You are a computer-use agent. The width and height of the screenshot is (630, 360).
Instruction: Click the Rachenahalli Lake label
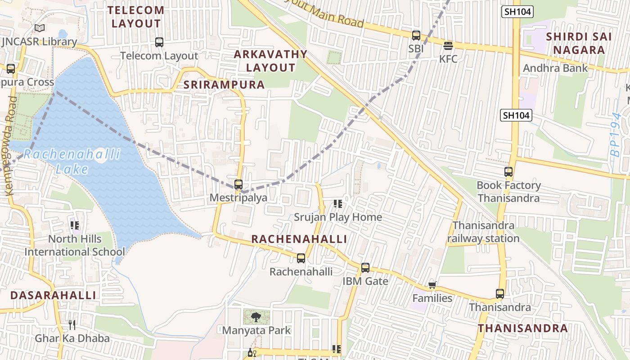click(x=72, y=162)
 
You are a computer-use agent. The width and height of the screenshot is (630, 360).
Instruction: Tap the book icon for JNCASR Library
click(x=40, y=28)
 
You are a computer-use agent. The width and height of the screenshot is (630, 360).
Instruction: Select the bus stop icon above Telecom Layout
click(x=159, y=42)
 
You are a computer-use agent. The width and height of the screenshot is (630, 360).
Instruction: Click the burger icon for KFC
click(x=448, y=46)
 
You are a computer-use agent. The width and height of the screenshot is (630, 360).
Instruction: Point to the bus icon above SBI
click(x=416, y=35)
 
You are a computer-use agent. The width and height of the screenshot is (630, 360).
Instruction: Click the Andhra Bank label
click(x=555, y=68)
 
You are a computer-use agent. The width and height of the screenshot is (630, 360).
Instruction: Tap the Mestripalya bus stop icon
click(x=238, y=184)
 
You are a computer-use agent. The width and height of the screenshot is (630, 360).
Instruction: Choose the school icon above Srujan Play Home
click(x=338, y=204)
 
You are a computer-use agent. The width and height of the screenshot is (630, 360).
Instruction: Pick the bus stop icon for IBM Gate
click(x=365, y=268)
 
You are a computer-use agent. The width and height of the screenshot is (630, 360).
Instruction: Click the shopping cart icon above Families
click(x=432, y=285)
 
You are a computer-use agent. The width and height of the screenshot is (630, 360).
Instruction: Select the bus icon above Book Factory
click(x=508, y=172)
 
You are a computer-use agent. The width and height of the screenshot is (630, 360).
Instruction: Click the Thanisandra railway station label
click(x=483, y=232)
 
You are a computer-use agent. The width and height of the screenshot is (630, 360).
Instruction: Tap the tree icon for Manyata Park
click(x=256, y=317)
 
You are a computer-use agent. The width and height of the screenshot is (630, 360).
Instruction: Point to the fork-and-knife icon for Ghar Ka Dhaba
click(x=72, y=324)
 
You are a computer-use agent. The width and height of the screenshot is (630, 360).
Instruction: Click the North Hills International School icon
click(x=75, y=225)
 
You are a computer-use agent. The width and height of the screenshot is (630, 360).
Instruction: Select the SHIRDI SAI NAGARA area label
click(x=579, y=43)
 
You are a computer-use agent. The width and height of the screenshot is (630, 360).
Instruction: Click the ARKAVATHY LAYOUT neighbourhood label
click(x=271, y=61)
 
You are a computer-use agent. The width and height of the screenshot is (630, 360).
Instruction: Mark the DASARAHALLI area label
click(x=53, y=295)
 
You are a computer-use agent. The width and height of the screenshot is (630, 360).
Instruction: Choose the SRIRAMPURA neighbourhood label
click(x=224, y=85)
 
